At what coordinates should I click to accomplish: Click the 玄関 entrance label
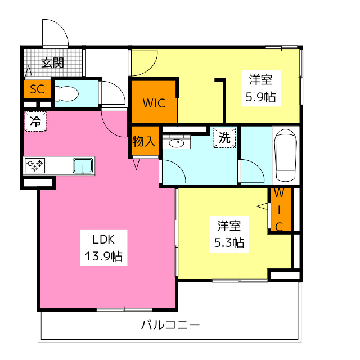52,62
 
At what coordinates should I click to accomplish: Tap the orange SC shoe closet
37,89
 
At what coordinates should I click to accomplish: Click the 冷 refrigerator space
35,121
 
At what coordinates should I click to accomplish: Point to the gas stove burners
35,165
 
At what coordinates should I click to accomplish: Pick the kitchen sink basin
83,165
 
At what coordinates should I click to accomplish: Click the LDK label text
100,237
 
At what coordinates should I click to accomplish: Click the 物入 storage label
143,141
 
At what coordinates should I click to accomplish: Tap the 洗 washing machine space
224,137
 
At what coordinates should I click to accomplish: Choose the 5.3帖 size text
229,243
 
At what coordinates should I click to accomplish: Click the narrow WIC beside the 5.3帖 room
280,210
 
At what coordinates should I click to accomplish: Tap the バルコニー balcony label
170,325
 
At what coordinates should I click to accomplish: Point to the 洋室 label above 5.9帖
260,79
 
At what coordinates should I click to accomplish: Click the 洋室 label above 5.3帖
229,226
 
